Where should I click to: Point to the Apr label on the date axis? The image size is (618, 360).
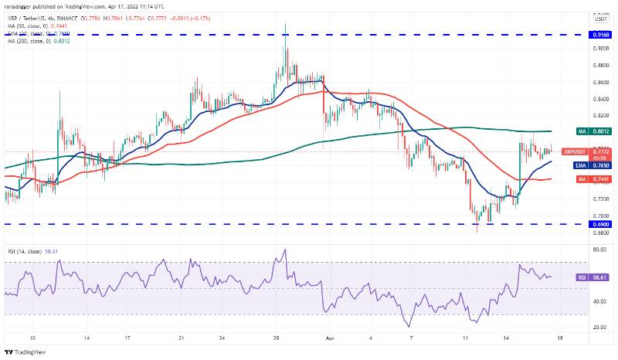tap(330, 338)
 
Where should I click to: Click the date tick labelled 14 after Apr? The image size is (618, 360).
tap(505, 338)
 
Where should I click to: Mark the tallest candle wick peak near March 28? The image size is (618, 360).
tap(285, 23)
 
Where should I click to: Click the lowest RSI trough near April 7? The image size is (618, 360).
tap(408, 326)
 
